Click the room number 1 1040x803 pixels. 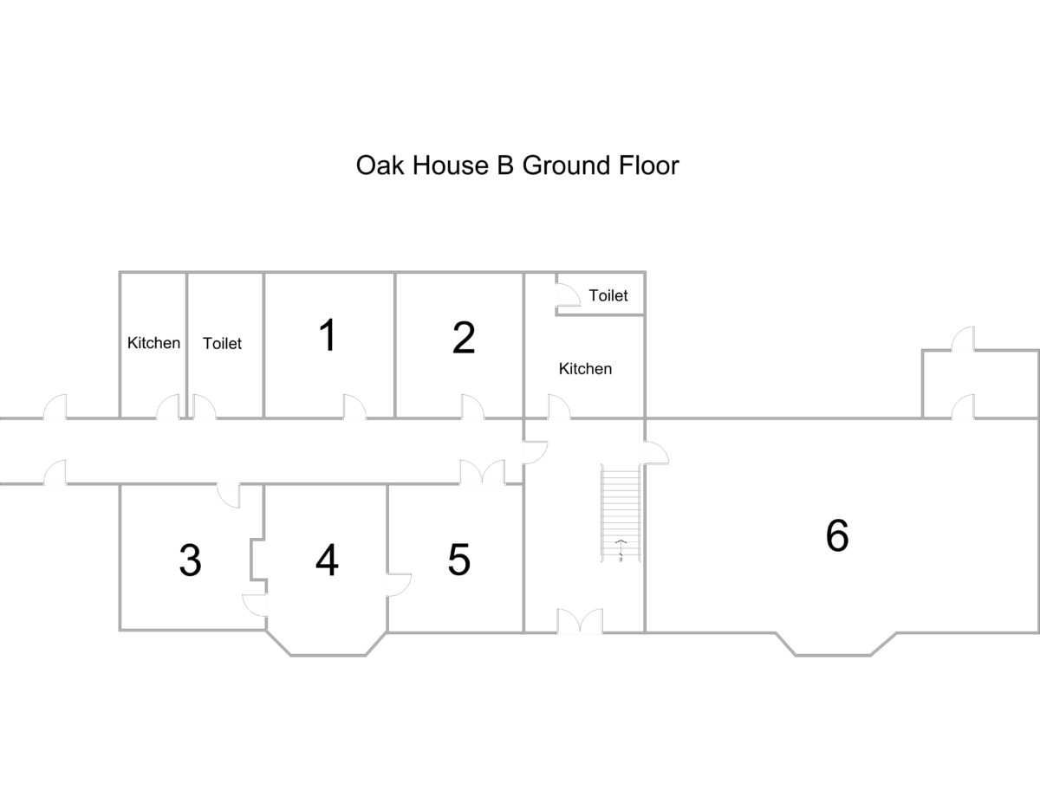point(328,335)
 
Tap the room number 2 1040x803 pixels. point(464,337)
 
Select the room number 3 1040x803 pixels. point(190,560)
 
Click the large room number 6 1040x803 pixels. point(837,535)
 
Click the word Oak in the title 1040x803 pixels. point(380,165)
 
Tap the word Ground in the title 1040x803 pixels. point(566,165)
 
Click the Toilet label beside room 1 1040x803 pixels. point(222,343)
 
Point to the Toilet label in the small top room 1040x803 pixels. point(608,295)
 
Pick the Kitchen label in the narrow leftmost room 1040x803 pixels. point(153,342)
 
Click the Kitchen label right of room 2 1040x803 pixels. point(585,368)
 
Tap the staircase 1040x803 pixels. point(621,513)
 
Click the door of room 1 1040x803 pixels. point(354,407)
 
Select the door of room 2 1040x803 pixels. point(472,407)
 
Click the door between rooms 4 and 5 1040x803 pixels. point(399,585)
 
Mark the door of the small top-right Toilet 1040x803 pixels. point(568,295)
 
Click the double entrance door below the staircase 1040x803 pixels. point(580,621)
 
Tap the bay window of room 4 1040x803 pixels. point(328,655)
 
